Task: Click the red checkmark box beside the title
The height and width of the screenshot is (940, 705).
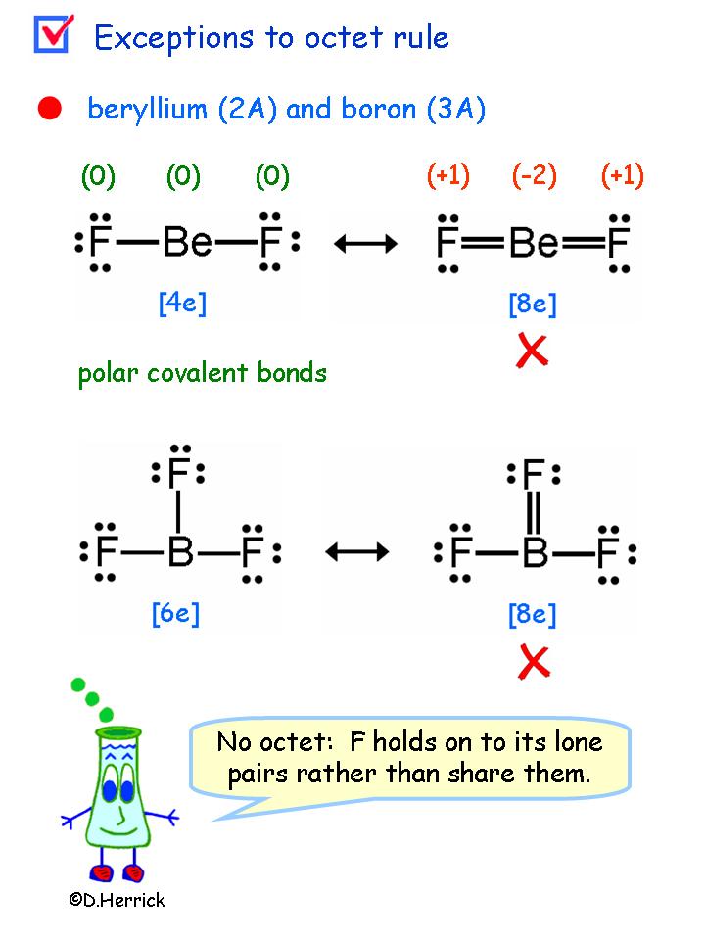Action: [52, 34]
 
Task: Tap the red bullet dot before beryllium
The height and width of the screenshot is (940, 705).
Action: [49, 109]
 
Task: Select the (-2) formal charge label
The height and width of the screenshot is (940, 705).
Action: [534, 176]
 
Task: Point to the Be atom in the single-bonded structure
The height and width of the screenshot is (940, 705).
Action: [187, 241]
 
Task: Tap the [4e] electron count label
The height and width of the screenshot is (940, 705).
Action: [182, 303]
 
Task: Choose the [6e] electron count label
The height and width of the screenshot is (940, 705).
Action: [175, 614]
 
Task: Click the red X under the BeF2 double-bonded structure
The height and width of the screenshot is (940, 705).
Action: [532, 351]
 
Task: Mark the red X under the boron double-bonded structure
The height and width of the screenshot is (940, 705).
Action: [534, 662]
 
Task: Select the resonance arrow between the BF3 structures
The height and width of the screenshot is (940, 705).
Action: [356, 552]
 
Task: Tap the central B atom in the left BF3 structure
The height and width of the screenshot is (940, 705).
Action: [179, 553]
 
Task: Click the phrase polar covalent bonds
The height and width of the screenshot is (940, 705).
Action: [203, 373]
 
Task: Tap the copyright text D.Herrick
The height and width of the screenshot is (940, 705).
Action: [117, 900]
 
